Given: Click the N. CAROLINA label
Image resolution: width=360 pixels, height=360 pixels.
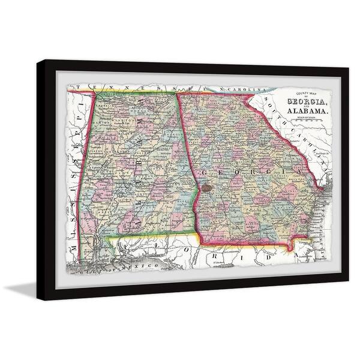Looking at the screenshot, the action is point(240,91).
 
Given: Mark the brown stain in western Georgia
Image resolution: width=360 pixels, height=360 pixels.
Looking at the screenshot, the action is point(207,187).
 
